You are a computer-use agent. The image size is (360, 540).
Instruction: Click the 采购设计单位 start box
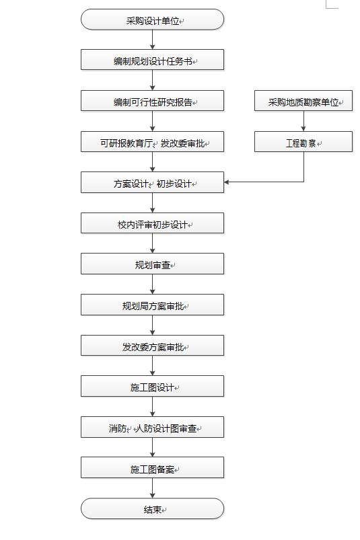point(152,20)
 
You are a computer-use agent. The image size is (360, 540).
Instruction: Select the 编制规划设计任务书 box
point(152,60)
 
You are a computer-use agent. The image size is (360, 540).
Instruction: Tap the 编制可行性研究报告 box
point(152,101)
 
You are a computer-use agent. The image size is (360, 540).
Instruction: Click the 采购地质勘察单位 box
point(303,101)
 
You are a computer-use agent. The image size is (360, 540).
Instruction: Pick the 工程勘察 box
point(303,141)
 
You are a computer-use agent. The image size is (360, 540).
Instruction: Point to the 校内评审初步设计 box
point(152,223)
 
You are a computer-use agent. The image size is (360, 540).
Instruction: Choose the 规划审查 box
point(152,264)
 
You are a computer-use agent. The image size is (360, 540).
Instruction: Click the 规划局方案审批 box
point(152,305)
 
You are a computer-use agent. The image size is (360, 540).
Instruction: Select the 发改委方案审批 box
point(152,346)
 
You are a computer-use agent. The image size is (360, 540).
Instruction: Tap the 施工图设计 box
point(152,386)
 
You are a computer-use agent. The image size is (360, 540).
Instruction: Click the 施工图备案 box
point(152,467)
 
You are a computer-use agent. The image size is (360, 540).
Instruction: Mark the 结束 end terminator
point(152,508)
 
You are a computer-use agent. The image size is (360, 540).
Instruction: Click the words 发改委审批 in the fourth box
point(182,143)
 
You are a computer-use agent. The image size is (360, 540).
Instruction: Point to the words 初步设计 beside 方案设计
point(174,184)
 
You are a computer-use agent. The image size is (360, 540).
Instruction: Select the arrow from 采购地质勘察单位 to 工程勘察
point(303,121)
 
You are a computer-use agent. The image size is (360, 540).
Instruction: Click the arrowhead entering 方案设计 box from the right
point(227,182)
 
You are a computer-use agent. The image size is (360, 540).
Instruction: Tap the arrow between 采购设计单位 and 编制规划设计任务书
point(152,40)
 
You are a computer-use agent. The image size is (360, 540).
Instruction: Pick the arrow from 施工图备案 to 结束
point(152,488)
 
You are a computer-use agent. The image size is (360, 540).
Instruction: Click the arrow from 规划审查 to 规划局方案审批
point(152,284)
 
